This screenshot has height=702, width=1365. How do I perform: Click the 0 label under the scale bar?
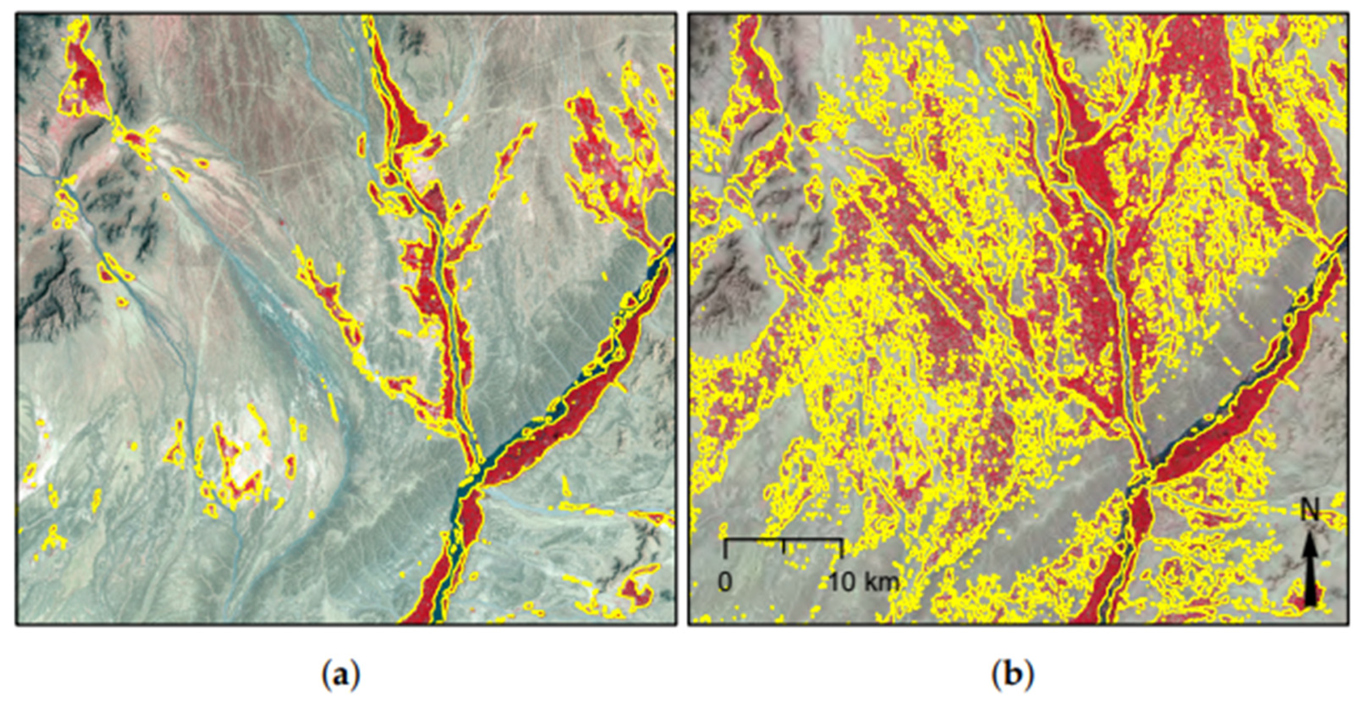pos(725,583)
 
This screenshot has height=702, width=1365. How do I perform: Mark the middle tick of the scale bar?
pos(783,546)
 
